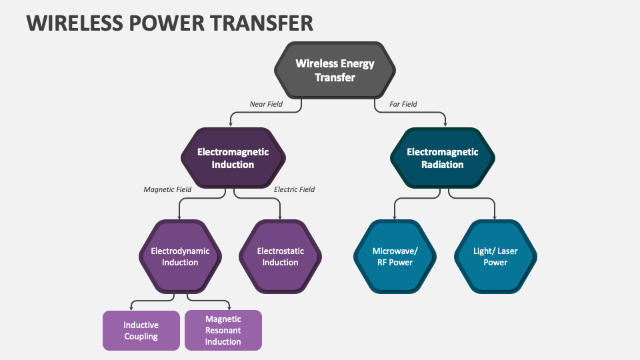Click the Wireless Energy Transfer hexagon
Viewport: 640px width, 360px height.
click(x=335, y=71)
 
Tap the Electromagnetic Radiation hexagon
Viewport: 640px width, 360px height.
click(x=443, y=158)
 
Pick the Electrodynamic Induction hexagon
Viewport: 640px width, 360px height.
click(x=180, y=257)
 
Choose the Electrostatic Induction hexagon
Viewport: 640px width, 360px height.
click(x=280, y=257)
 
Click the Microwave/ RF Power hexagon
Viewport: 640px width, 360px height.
click(x=395, y=257)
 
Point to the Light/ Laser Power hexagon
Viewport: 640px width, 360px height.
click(x=495, y=257)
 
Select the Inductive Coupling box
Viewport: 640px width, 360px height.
click(x=141, y=331)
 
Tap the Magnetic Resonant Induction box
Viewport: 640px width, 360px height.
click(x=223, y=331)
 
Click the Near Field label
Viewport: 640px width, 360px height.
click(x=266, y=104)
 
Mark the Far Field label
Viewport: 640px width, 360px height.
click(x=403, y=104)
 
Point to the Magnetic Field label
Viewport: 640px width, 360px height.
click(x=167, y=189)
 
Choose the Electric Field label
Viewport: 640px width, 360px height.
click(x=294, y=189)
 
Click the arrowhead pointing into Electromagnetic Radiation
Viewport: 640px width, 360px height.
click(x=446, y=124)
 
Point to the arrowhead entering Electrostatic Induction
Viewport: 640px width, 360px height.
click(x=280, y=217)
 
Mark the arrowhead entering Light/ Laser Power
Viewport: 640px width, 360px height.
click(x=495, y=217)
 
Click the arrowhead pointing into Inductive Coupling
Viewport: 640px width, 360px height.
click(x=131, y=307)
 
